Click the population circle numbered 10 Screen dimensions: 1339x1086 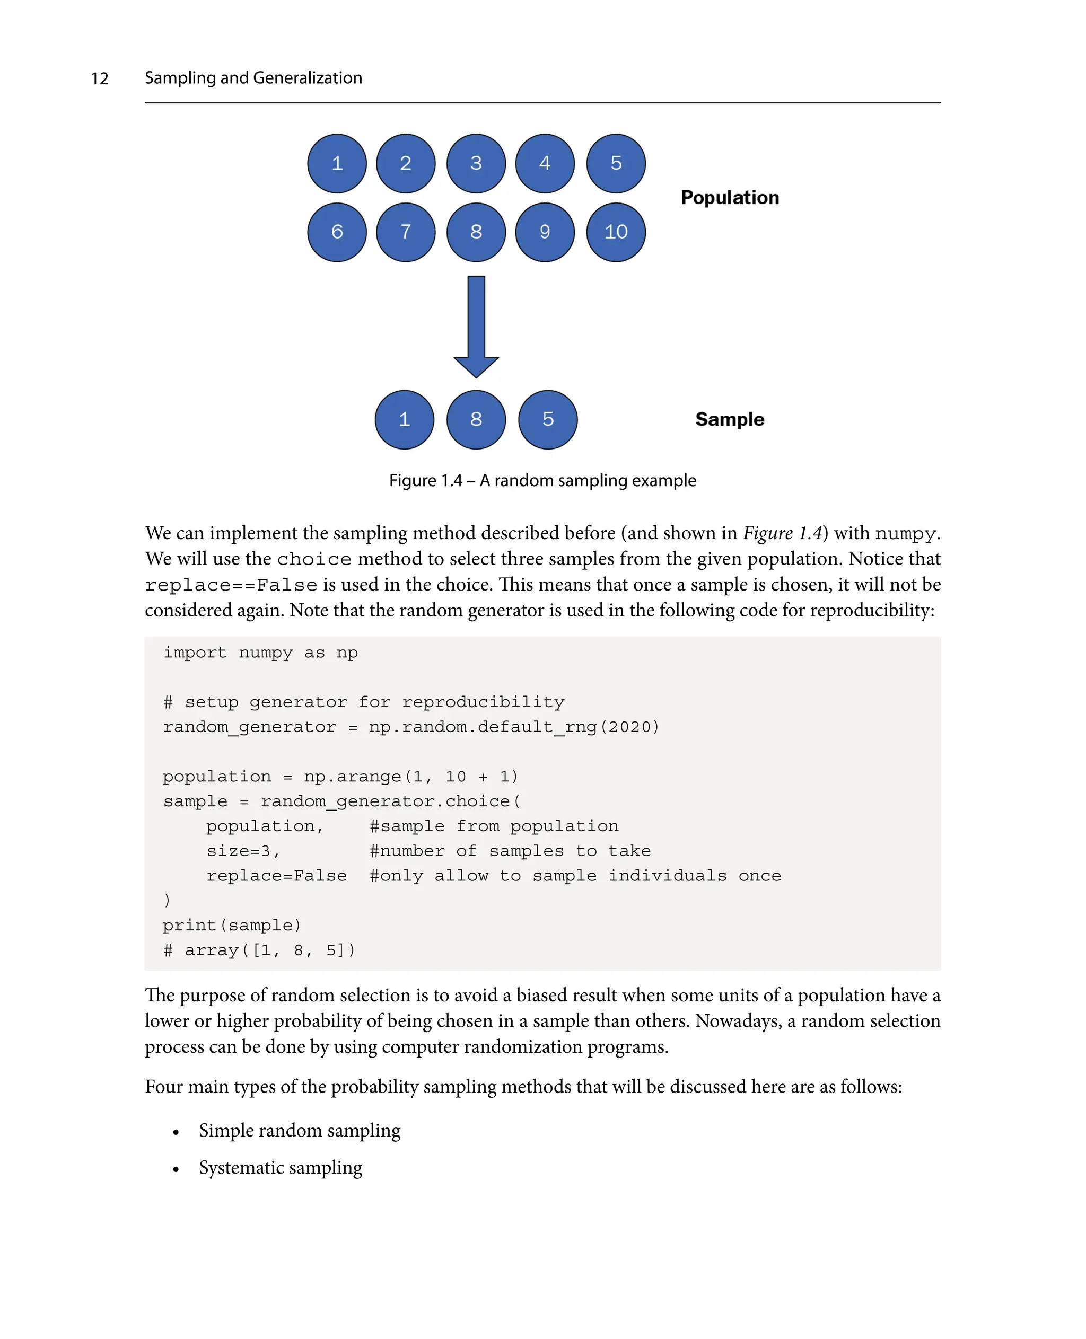[x=616, y=232]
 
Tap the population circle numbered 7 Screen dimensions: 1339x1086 [x=405, y=232]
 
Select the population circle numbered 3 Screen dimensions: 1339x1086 [x=476, y=163]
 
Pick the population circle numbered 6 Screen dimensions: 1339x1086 [x=337, y=232]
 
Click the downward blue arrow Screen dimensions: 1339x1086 [x=476, y=325]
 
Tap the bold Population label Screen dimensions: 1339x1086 [x=730, y=198]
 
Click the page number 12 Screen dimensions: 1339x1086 [x=100, y=79]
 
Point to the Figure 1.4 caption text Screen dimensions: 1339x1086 [x=542, y=480]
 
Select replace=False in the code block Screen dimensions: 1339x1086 [x=276, y=876]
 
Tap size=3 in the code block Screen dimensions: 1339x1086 [x=243, y=851]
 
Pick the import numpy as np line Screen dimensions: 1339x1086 [x=260, y=653]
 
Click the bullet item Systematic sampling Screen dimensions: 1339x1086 [x=281, y=1168]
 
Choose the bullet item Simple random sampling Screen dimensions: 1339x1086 [x=300, y=1130]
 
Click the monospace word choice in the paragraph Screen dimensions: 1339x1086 [x=314, y=559]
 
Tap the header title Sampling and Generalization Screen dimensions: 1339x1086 [x=253, y=77]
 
